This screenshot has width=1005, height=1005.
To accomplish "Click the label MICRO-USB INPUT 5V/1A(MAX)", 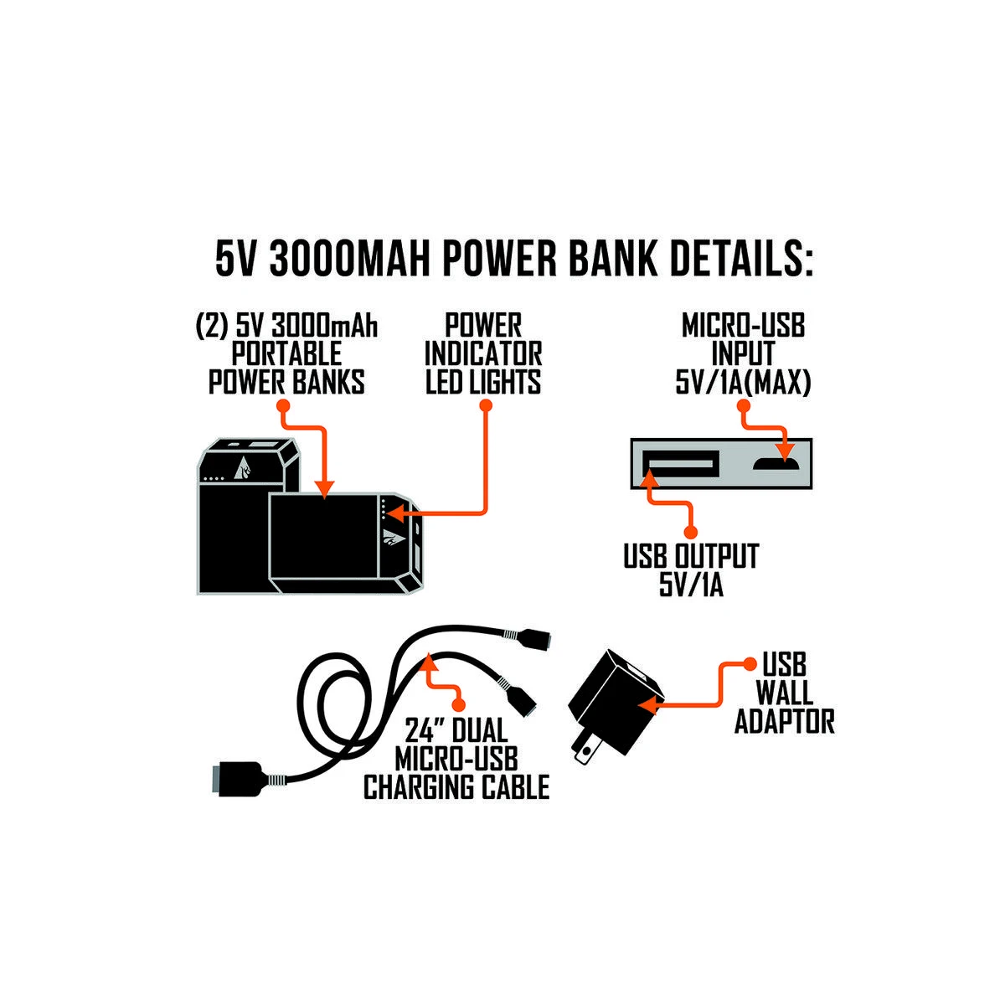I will click(743, 354).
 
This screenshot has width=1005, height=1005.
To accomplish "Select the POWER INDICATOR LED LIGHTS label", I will click(483, 353).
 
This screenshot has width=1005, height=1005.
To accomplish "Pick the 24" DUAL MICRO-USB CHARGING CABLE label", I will click(456, 759).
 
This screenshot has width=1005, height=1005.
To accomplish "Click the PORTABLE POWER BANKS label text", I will click(286, 353).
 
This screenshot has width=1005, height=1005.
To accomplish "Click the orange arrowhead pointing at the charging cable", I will click(428, 663).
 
